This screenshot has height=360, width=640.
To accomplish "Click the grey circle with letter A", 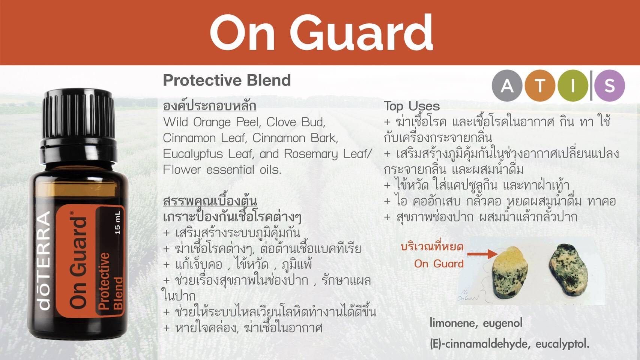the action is pos(507,85).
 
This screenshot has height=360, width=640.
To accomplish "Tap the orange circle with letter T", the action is pos(540,85).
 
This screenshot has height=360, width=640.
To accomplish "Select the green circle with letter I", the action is pos(572,85).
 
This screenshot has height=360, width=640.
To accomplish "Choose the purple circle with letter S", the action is pos(610,85).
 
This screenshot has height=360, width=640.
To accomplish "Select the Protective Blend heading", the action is pos(227,80).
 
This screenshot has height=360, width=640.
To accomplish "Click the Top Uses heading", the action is pos(412,106).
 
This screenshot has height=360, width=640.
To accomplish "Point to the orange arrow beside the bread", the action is pos(483,254).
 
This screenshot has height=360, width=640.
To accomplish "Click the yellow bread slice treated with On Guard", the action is pos(510,273).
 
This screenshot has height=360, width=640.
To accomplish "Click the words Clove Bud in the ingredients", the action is pos(296,122).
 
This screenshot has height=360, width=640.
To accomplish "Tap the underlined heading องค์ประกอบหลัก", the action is pos(209,106).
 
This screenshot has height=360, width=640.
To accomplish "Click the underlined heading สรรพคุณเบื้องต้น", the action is pos(210,201).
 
